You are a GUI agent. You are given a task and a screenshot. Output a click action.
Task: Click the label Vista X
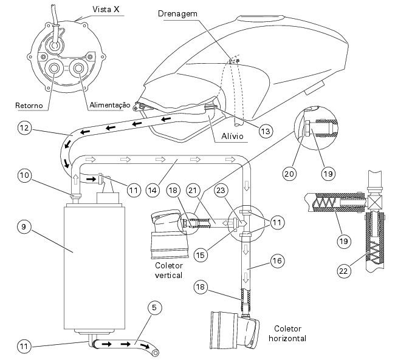(106, 10)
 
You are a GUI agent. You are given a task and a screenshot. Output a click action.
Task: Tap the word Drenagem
(177, 14)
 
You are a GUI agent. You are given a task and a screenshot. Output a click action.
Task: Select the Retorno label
(29, 106)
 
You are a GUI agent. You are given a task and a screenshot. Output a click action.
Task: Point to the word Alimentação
(110, 105)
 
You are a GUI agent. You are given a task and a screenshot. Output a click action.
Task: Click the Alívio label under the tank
(232, 136)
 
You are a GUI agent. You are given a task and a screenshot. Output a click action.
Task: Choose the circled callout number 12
(24, 128)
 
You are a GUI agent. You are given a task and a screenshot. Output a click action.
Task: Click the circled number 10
(24, 175)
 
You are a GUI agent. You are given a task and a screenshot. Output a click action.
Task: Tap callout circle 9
(24, 226)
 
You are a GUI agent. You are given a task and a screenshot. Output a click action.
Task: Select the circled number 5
(154, 307)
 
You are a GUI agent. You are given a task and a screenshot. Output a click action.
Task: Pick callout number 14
(153, 190)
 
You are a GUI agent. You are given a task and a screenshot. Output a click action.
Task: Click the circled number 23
(221, 190)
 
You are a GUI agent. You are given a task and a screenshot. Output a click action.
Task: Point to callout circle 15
(201, 255)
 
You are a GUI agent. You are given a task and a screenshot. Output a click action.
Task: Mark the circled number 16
(278, 261)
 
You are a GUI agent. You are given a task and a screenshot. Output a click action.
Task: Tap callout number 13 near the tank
(266, 131)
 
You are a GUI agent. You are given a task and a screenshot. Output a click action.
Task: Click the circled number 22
(344, 271)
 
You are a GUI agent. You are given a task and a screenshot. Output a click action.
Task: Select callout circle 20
(289, 174)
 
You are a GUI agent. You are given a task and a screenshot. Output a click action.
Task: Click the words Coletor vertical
(169, 270)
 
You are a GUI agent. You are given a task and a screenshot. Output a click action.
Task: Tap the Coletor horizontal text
(287, 333)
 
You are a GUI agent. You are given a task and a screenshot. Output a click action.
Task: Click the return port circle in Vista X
(55, 68)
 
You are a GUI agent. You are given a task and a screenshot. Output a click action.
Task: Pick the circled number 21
(193, 190)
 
